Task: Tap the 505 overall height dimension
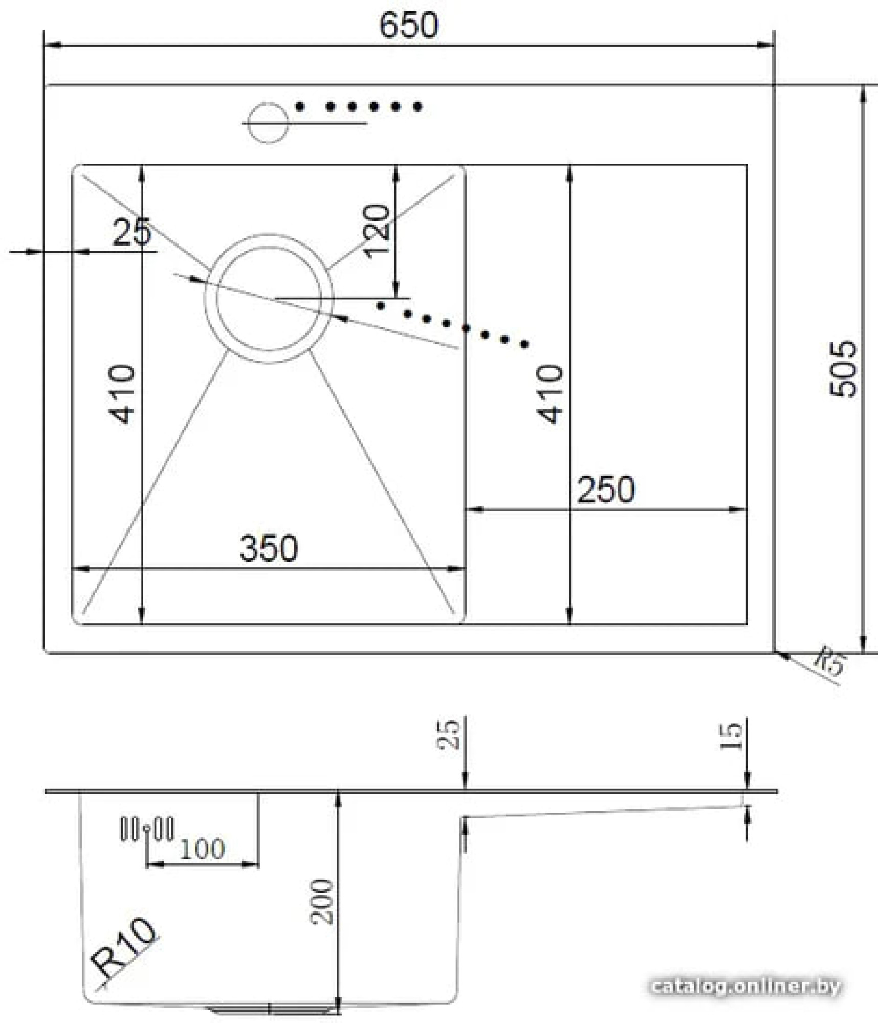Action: click(x=842, y=369)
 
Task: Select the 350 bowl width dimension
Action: click(x=268, y=548)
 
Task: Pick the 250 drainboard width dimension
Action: click(x=606, y=490)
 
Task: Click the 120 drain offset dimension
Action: click(x=376, y=231)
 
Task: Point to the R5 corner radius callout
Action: click(x=829, y=660)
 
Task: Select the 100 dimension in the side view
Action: click(x=202, y=850)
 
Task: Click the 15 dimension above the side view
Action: click(x=731, y=736)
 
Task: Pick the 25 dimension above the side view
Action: click(x=448, y=735)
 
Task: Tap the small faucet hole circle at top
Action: click(x=268, y=123)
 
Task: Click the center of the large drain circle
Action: click(x=268, y=299)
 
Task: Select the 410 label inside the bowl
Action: click(x=122, y=394)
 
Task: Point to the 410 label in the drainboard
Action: click(x=550, y=394)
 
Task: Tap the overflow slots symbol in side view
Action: click(x=147, y=829)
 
